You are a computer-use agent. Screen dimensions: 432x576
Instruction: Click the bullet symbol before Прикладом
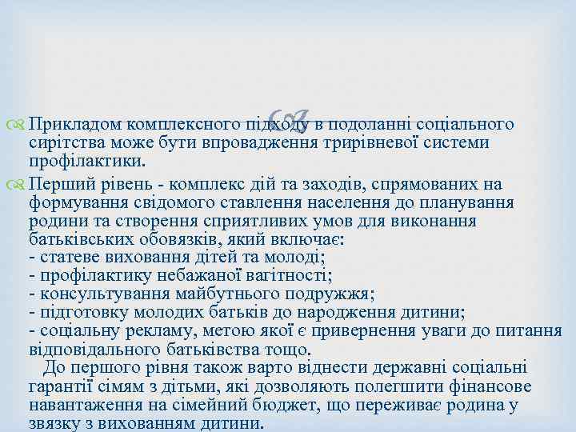[18, 125]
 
